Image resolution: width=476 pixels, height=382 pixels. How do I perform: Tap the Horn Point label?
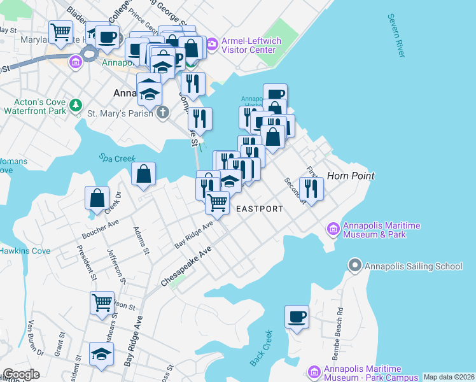click(350, 175)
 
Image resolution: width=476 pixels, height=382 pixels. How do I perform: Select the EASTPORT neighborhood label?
click(259, 209)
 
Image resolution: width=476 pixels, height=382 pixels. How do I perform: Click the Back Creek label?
click(261, 348)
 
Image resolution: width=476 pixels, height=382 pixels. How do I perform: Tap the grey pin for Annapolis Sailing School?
click(355, 265)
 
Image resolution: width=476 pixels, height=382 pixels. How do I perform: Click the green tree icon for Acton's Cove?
click(76, 104)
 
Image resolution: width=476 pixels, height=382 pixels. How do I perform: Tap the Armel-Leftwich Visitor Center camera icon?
click(212, 44)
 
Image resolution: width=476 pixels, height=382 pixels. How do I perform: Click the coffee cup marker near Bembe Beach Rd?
click(297, 316)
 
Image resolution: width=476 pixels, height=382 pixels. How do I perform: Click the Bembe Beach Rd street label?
click(341, 330)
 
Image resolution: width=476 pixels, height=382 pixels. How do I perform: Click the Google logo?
click(22, 374)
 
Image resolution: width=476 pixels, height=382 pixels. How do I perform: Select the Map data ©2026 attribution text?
click(449, 377)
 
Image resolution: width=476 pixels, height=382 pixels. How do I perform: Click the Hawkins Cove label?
click(24, 251)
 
